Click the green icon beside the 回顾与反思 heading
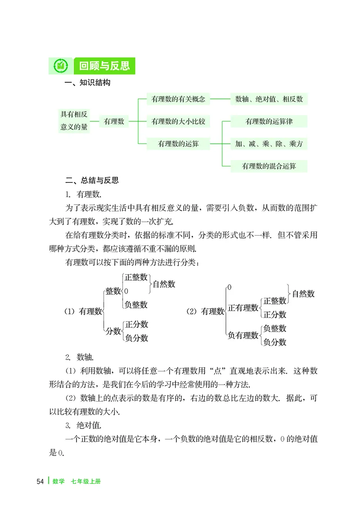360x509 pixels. pyautogui.click(x=61, y=66)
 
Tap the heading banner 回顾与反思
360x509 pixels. pyautogui.click(x=104, y=66)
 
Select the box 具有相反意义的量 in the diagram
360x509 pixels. pyautogui.click(x=74, y=121)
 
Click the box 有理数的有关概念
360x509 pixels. pyautogui.click(x=178, y=99)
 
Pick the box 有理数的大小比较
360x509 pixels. pyautogui.click(x=178, y=121)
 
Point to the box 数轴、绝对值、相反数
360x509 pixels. pyautogui.click(x=269, y=99)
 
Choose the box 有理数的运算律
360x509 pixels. pyautogui.click(x=269, y=121)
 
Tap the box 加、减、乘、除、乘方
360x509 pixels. pyautogui.click(x=269, y=144)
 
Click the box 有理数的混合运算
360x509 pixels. pyautogui.click(x=269, y=166)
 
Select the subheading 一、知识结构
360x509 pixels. pyautogui.click(x=88, y=83)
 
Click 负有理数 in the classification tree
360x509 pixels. pyautogui.click(x=243, y=335)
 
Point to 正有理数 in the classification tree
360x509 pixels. pyautogui.click(x=243, y=308)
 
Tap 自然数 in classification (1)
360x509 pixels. pyautogui.click(x=164, y=284)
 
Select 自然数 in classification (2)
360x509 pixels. pyautogui.click(x=303, y=294)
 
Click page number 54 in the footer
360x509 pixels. pyautogui.click(x=40, y=481)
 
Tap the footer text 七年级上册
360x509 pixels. pyautogui.click(x=85, y=481)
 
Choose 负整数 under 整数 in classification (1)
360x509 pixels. pyautogui.click(x=136, y=304)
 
